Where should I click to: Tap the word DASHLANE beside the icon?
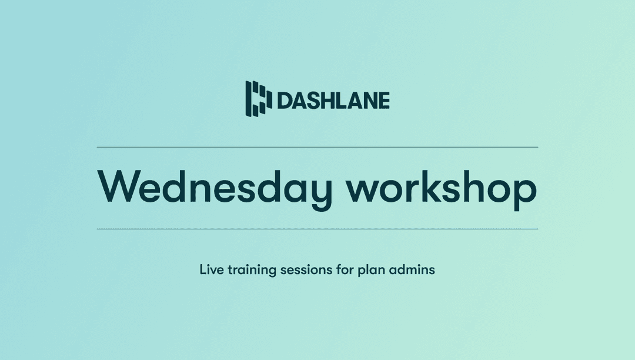pyautogui.click(x=333, y=101)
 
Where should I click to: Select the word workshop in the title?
pyautogui.click(x=441, y=187)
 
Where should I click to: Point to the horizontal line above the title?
pyautogui.click(x=317, y=147)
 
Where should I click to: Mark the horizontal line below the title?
pyautogui.click(x=317, y=229)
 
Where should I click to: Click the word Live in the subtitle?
pyautogui.click(x=209, y=271)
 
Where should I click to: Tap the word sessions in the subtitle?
pyautogui.click(x=305, y=271)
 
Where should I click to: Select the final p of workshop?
pyautogui.click(x=525, y=192)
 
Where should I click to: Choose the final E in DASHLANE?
pyautogui.click(x=383, y=101)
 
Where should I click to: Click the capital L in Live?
pyautogui.click(x=202, y=271)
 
